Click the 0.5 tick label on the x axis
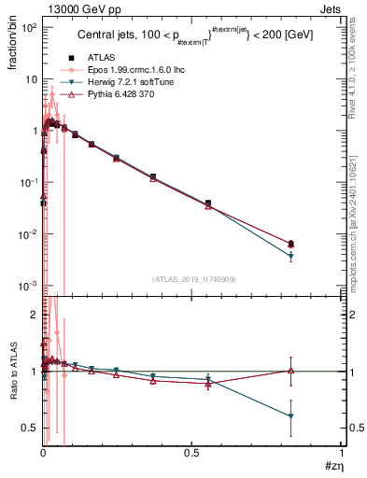pos(192,453)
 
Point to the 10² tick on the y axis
pos(30,28)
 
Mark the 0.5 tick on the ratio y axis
pos(32,429)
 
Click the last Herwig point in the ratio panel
pos(291,416)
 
